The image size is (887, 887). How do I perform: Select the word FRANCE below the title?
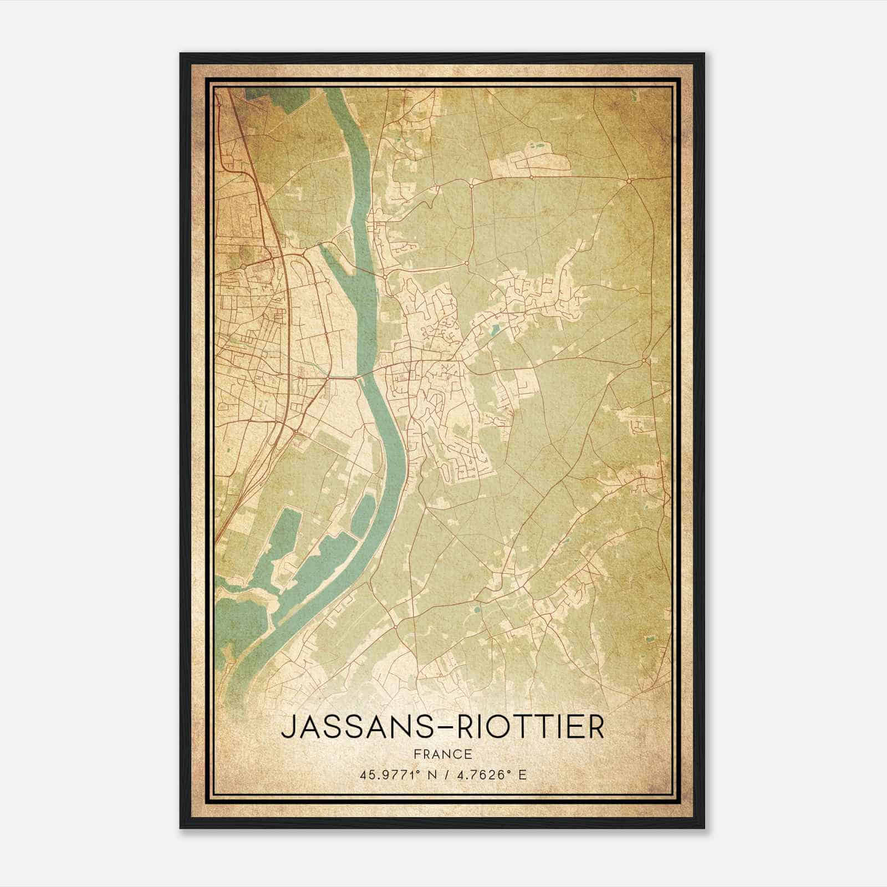(442, 754)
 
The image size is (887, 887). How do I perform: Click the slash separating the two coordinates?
(444, 774)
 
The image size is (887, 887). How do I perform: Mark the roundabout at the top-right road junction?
(629, 181)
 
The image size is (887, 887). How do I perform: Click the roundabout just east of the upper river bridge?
(384, 275)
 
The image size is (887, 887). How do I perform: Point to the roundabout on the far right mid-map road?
(644, 361)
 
